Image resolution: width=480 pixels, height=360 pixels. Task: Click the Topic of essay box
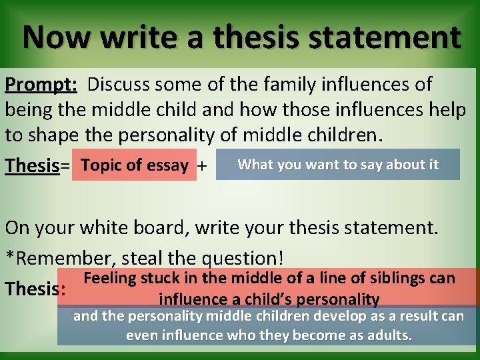[136, 165]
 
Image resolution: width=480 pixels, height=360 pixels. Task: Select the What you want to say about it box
[338, 165]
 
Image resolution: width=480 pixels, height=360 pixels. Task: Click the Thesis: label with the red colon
[35, 289]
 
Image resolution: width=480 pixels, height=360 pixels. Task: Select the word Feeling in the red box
[111, 278]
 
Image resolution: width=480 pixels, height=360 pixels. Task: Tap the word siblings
[405, 278]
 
